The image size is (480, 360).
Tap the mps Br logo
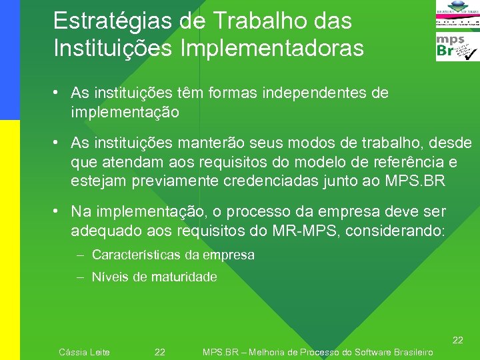[457, 47]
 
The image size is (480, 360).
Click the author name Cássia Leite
[84, 352]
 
